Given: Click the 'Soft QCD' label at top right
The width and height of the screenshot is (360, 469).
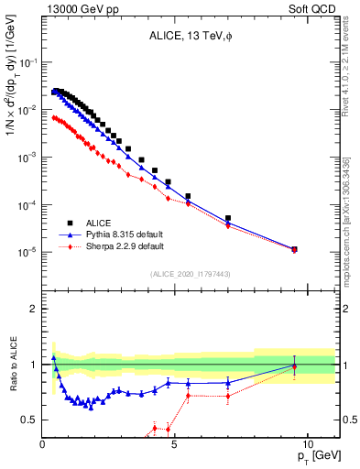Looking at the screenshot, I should (311, 10).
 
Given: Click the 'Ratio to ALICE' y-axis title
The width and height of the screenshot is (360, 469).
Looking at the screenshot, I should (13, 364).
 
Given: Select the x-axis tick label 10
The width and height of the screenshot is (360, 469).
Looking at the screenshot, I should (307, 444).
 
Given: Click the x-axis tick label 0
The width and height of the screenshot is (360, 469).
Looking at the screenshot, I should (43, 444).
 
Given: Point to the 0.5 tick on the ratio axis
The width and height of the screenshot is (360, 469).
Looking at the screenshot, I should (31, 420).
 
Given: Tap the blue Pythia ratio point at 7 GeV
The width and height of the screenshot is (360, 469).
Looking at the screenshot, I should (228, 383).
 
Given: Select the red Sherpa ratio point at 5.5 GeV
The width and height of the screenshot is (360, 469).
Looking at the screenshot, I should (188, 396).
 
